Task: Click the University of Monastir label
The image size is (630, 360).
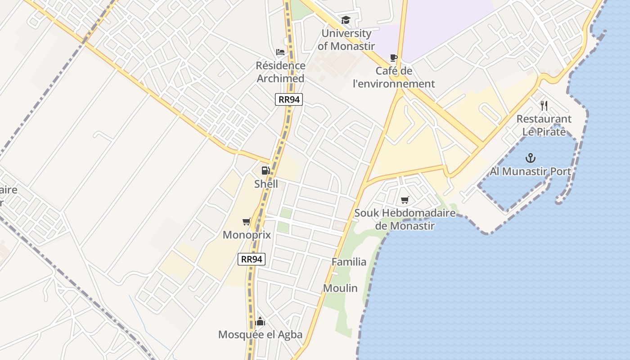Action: (x=346, y=40)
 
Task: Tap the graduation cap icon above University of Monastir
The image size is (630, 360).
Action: (x=346, y=20)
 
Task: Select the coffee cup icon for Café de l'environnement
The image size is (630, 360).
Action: (x=394, y=58)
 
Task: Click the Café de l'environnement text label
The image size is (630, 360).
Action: (x=394, y=77)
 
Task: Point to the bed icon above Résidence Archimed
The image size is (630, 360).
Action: (x=280, y=52)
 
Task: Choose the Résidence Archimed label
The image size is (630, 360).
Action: (x=280, y=72)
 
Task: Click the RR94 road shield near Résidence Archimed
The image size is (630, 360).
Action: (x=289, y=99)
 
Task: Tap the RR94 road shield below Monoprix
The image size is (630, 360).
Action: (x=252, y=259)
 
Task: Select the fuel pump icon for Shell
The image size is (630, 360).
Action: (x=265, y=170)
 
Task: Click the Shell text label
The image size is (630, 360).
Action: (x=266, y=184)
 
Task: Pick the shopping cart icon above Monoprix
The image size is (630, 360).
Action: (x=246, y=221)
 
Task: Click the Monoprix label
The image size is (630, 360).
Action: (x=246, y=235)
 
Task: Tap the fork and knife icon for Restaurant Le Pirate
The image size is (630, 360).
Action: (x=544, y=106)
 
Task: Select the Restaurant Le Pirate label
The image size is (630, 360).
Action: (x=544, y=126)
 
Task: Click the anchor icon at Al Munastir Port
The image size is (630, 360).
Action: (x=531, y=158)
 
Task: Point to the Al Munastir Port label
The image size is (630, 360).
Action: (x=531, y=171)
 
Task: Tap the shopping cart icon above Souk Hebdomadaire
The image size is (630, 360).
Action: (x=405, y=200)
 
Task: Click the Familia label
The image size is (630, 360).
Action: (x=349, y=262)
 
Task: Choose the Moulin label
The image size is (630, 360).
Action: (x=340, y=288)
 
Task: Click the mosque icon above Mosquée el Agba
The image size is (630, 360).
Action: (x=260, y=321)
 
